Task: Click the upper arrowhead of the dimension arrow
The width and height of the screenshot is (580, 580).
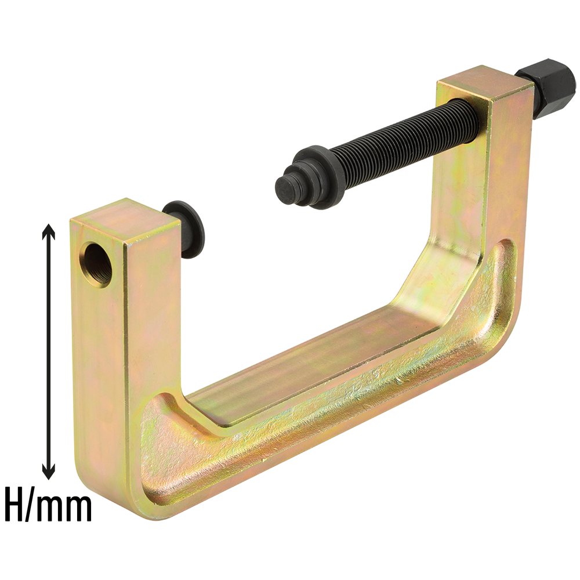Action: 49,233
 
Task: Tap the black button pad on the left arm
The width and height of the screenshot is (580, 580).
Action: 183,230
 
